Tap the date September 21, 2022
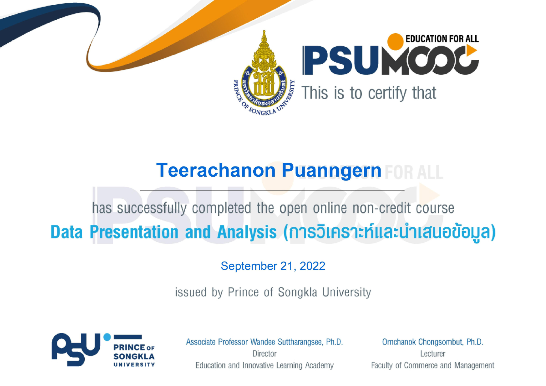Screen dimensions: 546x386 273,266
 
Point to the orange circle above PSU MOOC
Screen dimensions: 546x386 395,41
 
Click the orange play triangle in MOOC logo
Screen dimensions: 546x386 471,51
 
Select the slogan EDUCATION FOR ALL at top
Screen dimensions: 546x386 442,39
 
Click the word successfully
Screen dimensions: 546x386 152,208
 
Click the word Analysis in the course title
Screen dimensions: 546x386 247,232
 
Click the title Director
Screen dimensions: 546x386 265,354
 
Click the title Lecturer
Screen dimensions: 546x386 433,354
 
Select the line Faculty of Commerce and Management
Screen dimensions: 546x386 433,366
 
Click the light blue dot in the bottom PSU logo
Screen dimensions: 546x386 107,337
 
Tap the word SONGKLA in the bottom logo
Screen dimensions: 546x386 134,357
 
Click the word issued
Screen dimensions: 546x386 191,292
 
